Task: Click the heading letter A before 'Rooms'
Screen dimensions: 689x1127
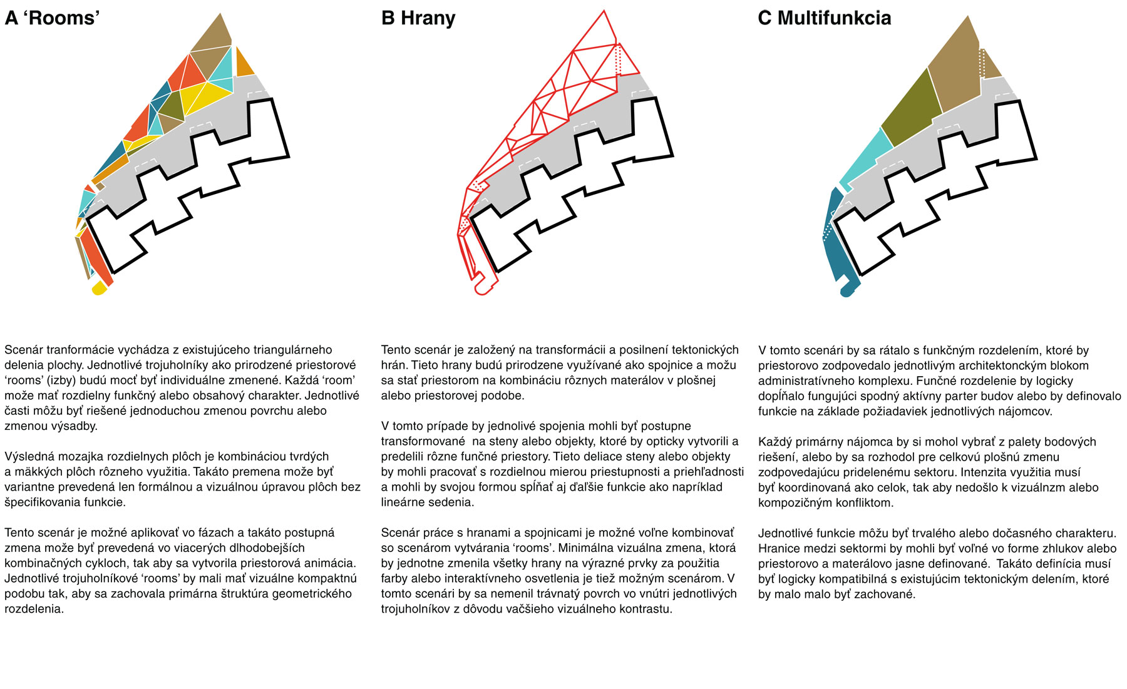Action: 11,18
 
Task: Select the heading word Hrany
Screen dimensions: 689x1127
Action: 428,18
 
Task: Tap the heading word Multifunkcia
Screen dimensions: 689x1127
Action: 834,18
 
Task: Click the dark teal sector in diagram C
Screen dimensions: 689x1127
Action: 836,250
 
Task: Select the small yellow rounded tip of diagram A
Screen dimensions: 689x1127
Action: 99,288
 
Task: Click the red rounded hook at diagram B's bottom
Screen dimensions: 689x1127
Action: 483,288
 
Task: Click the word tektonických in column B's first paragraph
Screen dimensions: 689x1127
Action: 702,350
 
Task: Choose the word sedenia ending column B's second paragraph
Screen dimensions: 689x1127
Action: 450,502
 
